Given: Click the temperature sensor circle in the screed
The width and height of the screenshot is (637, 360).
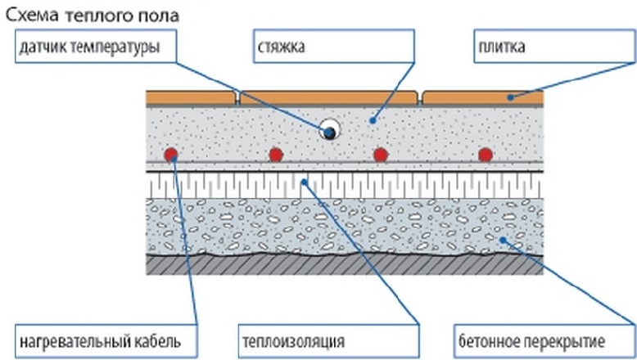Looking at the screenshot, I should pyautogui.click(x=329, y=130).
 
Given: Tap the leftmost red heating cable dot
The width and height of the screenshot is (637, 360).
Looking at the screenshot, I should pyautogui.click(x=170, y=154).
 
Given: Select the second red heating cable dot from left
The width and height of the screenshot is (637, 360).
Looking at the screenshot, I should pyautogui.click(x=276, y=154).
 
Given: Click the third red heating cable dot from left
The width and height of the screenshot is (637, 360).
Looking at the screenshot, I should pyautogui.click(x=380, y=154).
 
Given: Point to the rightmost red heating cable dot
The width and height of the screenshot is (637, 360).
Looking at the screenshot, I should pyautogui.click(x=486, y=154).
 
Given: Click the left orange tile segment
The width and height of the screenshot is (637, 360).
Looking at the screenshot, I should pyautogui.click(x=191, y=97).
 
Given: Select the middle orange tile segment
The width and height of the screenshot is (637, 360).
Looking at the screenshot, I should pyautogui.click(x=329, y=97).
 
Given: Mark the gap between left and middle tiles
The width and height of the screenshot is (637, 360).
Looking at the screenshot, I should pyautogui.click(x=237, y=97).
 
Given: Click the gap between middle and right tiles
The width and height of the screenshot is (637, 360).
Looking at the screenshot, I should pyautogui.click(x=421, y=97).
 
